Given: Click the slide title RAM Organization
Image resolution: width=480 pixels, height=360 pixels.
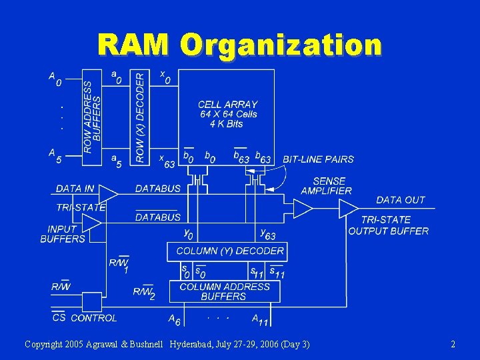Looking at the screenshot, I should coord(239,45).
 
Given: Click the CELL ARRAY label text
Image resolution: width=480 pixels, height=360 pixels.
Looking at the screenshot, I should coord(227,105).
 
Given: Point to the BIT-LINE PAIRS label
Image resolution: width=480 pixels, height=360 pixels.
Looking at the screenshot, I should coord(318,159).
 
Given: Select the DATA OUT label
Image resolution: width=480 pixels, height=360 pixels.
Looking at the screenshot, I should coord(400,200).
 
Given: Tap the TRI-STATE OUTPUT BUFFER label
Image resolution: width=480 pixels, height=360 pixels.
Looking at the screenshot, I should coord(388,225).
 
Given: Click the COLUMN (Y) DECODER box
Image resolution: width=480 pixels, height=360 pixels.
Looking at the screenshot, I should coord(229,251).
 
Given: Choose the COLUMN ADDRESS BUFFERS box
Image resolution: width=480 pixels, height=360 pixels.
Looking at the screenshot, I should coord(224,291).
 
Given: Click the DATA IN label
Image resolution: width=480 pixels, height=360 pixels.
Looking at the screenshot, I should coord(75,189).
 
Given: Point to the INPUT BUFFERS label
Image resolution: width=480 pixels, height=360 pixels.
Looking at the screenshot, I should coord(63,234).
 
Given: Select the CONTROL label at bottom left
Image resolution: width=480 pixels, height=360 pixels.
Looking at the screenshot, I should coord(94,318).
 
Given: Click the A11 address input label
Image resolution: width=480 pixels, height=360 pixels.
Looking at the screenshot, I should coord(259,320).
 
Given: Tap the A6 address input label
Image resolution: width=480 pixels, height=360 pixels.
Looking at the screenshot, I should coord(174,320).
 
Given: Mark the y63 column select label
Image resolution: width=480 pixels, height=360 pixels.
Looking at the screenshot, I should coord(268,234).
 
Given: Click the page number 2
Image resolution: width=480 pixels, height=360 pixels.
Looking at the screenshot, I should coord(453,344).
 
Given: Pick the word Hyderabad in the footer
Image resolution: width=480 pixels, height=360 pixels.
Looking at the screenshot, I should coord(195,344).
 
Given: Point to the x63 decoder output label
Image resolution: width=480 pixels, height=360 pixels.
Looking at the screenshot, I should coord(167,161).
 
